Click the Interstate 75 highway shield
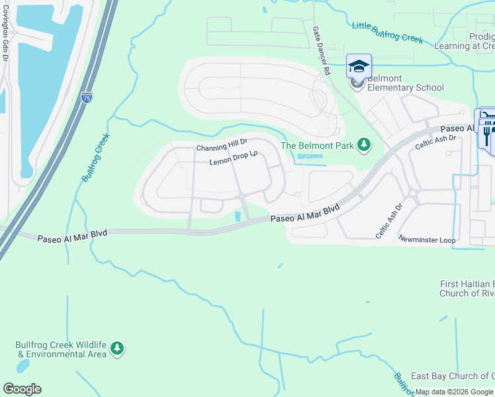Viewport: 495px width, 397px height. pyautogui.click(x=87, y=98)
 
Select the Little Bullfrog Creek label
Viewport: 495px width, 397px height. pyautogui.click(x=387, y=32)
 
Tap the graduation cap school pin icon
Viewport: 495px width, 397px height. pyautogui.click(x=359, y=66)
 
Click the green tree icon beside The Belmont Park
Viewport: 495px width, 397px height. pyautogui.click(x=363, y=144)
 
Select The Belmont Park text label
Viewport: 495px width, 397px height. pyautogui.click(x=317, y=146)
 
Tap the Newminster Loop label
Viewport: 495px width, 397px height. pyautogui.click(x=427, y=240)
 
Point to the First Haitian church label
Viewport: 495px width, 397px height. pyautogui.click(x=467, y=288)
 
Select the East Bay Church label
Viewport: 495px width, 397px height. pyautogui.click(x=453, y=376)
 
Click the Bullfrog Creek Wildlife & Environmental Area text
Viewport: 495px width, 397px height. pyautogui.click(x=61, y=349)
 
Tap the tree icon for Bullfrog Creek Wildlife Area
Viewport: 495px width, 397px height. pyautogui.click(x=117, y=348)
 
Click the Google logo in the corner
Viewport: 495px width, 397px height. pyautogui.click(x=22, y=389)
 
